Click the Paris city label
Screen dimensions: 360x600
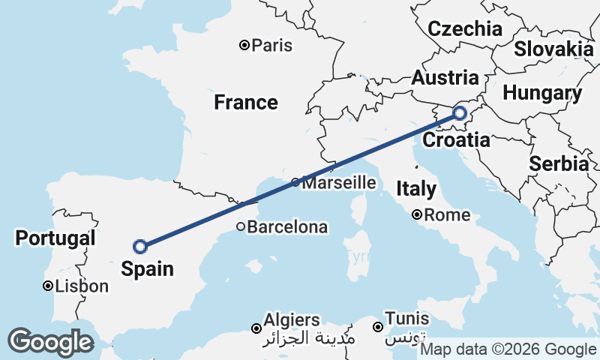tap(272, 46)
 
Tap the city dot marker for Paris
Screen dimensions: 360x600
tap(244, 46)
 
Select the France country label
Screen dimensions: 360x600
tap(246, 102)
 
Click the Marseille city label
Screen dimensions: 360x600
tap(338, 182)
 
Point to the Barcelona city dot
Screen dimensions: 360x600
tap(240, 226)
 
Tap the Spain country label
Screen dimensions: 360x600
tap(148, 268)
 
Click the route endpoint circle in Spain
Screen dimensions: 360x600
tap(139, 246)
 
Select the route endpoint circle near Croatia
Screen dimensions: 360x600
tap(459, 114)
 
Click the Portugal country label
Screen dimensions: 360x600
tap(55, 238)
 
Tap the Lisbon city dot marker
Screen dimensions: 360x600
tap(47, 286)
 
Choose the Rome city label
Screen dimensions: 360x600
tap(447, 216)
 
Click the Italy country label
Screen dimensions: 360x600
tap(416, 188)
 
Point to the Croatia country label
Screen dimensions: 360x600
tap(456, 140)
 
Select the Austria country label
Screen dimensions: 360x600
tap(445, 78)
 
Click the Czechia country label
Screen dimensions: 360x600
tap(465, 29)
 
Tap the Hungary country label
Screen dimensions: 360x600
tap(542, 94)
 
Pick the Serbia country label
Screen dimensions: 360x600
tap(559, 163)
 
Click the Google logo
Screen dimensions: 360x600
tap(50, 342)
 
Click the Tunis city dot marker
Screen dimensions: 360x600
tap(378, 327)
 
